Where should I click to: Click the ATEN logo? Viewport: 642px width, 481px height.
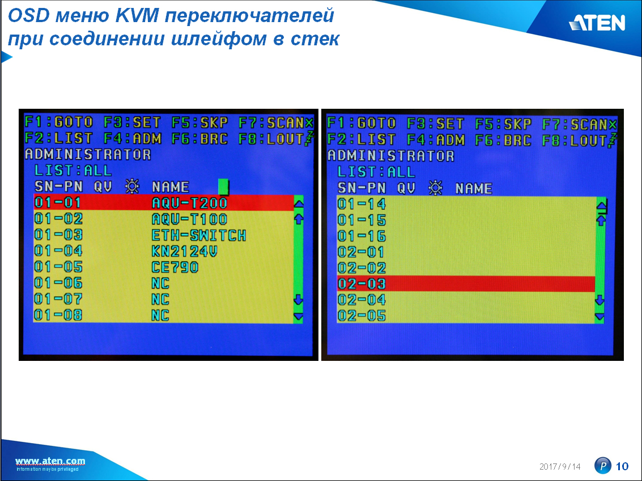coord(597,23)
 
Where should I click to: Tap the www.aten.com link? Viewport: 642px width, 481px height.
coord(50,461)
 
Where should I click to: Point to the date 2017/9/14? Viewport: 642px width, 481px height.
coord(560,466)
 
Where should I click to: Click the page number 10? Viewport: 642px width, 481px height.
coord(622,466)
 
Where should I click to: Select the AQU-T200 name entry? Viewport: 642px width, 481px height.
coord(189,203)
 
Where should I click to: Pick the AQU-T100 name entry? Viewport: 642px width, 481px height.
coord(189,219)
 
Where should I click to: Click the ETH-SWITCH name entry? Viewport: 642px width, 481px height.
coord(198,235)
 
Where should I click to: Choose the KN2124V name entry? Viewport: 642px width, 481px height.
coord(184,251)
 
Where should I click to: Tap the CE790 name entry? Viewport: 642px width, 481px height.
coord(175,267)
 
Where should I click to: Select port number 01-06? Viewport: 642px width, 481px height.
coord(58,283)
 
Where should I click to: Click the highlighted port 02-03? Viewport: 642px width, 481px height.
coord(362,284)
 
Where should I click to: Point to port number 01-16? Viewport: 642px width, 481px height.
coord(362,236)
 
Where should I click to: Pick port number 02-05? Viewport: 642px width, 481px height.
coord(362,316)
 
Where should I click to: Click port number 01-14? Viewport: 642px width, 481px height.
coord(362,204)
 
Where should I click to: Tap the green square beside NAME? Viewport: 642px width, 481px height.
coord(223,186)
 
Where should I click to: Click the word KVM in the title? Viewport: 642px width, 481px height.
coord(137,15)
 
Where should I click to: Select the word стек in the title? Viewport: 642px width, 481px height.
coord(315,39)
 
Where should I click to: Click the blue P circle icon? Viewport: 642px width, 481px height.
coord(602,466)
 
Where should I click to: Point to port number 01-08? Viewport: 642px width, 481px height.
coord(58,315)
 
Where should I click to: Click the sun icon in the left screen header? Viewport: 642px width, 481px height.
coord(132,186)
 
